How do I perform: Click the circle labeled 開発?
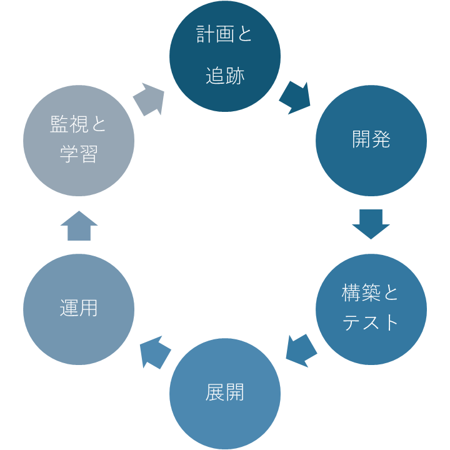click(371, 141)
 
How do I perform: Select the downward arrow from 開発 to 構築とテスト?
click(371, 224)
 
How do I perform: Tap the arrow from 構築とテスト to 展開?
click(301, 350)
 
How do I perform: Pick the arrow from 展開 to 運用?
click(155, 352)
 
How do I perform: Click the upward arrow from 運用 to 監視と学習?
click(79, 226)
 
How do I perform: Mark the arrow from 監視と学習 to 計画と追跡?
click(149, 99)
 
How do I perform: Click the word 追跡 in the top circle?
click(225, 76)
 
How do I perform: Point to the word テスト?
click(371, 322)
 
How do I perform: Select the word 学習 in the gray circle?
click(79, 154)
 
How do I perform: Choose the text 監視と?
click(79, 124)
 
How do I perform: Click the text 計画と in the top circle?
click(225, 34)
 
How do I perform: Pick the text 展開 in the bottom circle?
click(225, 393)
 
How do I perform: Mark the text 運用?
click(79, 309)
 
